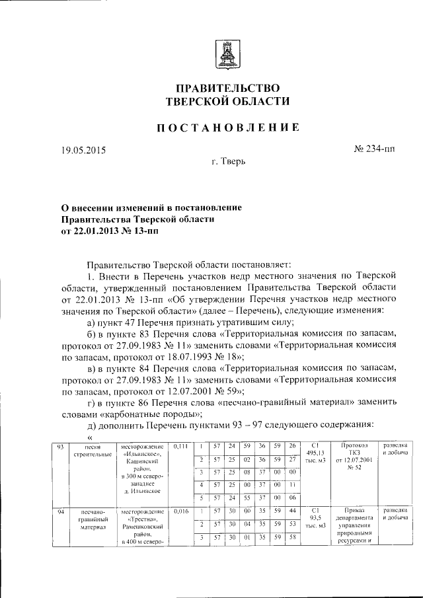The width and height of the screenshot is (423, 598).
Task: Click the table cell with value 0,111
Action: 180,447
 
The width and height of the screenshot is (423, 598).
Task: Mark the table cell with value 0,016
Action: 180,511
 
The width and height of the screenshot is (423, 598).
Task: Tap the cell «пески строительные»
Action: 93,452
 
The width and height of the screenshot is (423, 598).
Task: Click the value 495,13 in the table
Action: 316,453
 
